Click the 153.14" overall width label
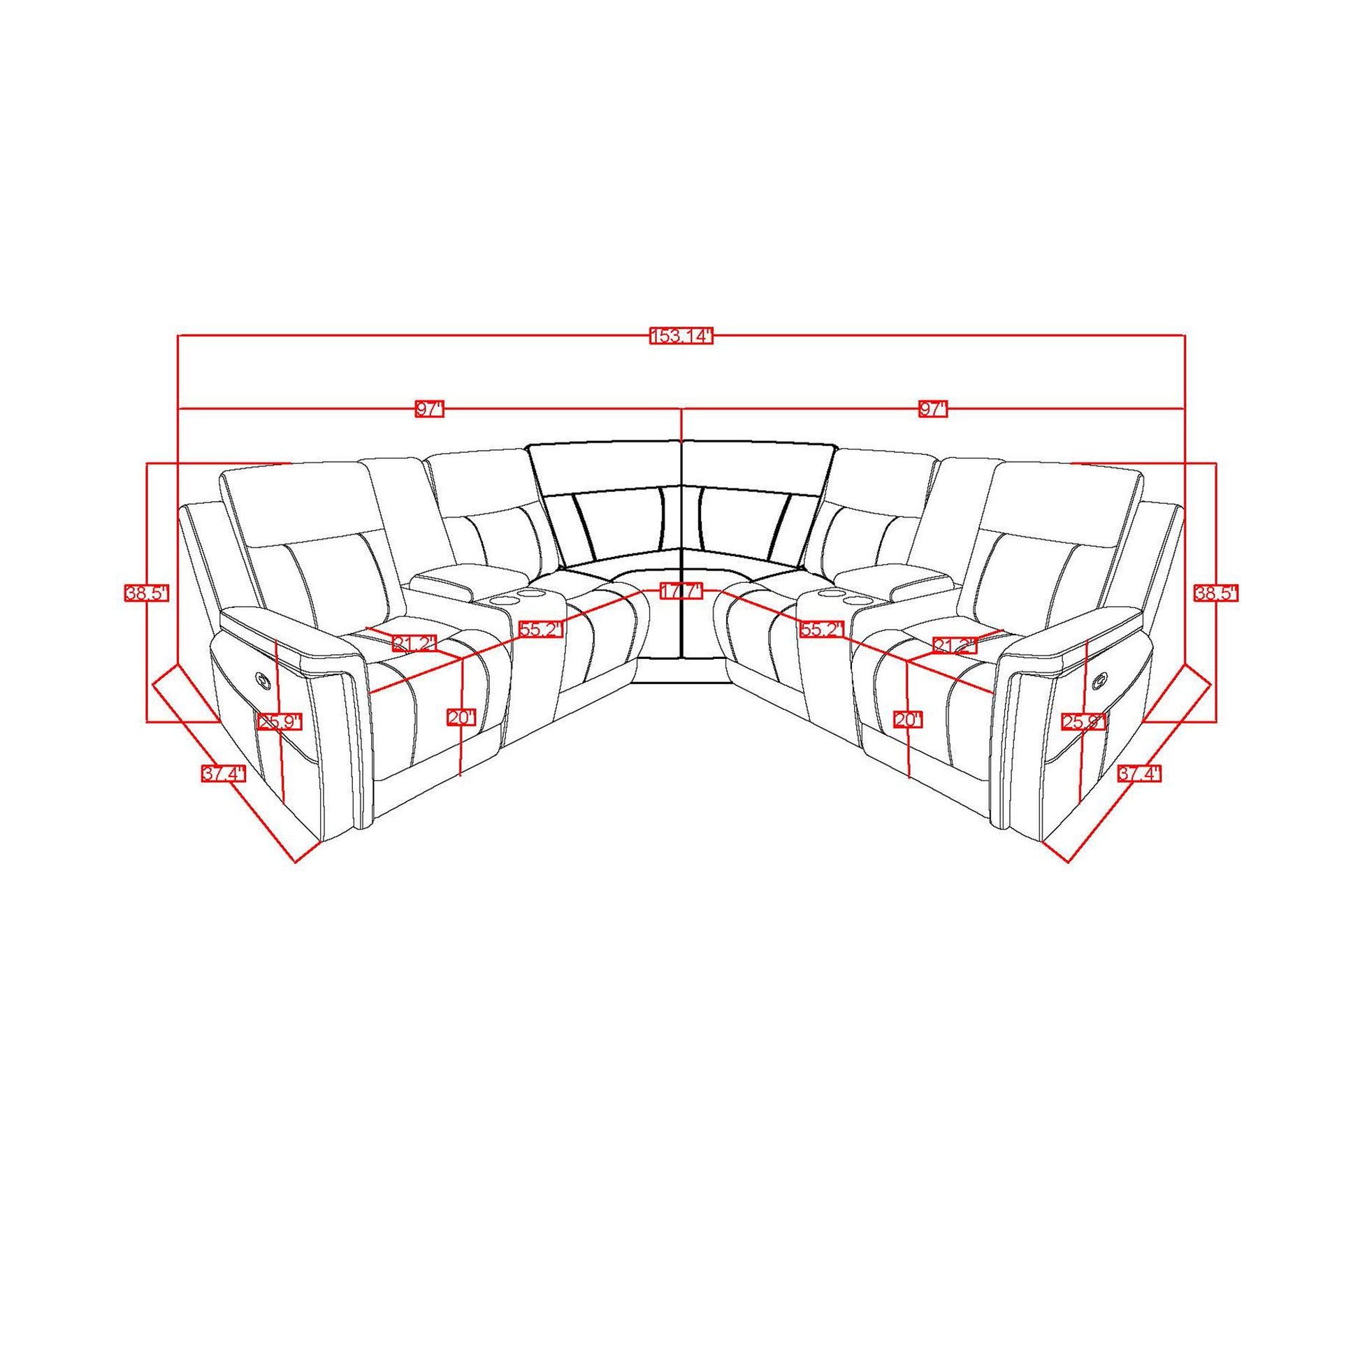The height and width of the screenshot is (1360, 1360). [x=681, y=335]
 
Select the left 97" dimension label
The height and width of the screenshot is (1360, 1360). [x=429, y=409]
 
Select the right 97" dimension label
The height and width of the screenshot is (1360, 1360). [x=934, y=409]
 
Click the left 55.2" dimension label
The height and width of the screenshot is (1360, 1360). [x=542, y=628]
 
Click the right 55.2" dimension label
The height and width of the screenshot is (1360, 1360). [x=821, y=628]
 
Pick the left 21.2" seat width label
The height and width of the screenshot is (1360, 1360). [x=414, y=643]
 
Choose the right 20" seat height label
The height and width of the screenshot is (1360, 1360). [x=907, y=719]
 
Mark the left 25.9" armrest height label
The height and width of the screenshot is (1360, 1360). [x=280, y=722]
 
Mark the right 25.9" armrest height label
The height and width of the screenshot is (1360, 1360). [x=1084, y=721]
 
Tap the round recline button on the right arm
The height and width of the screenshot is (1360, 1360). [x=1099, y=681]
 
